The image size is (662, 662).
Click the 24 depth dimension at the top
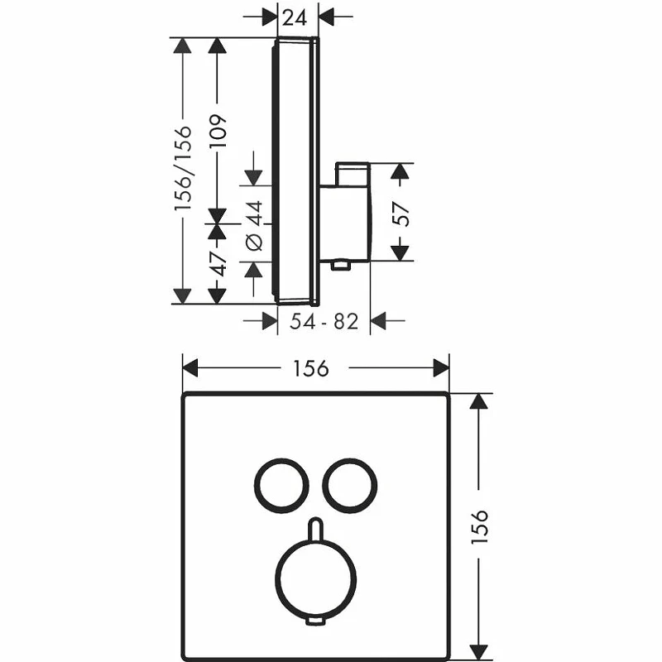295,17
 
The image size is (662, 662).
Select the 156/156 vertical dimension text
183,168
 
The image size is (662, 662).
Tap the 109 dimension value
218,131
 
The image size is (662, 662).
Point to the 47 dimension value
218,264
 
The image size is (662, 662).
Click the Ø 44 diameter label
254,226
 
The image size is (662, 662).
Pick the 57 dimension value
401,214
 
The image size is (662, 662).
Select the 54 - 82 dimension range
324,321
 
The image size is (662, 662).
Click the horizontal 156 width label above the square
311,368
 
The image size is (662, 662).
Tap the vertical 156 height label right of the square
479,526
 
